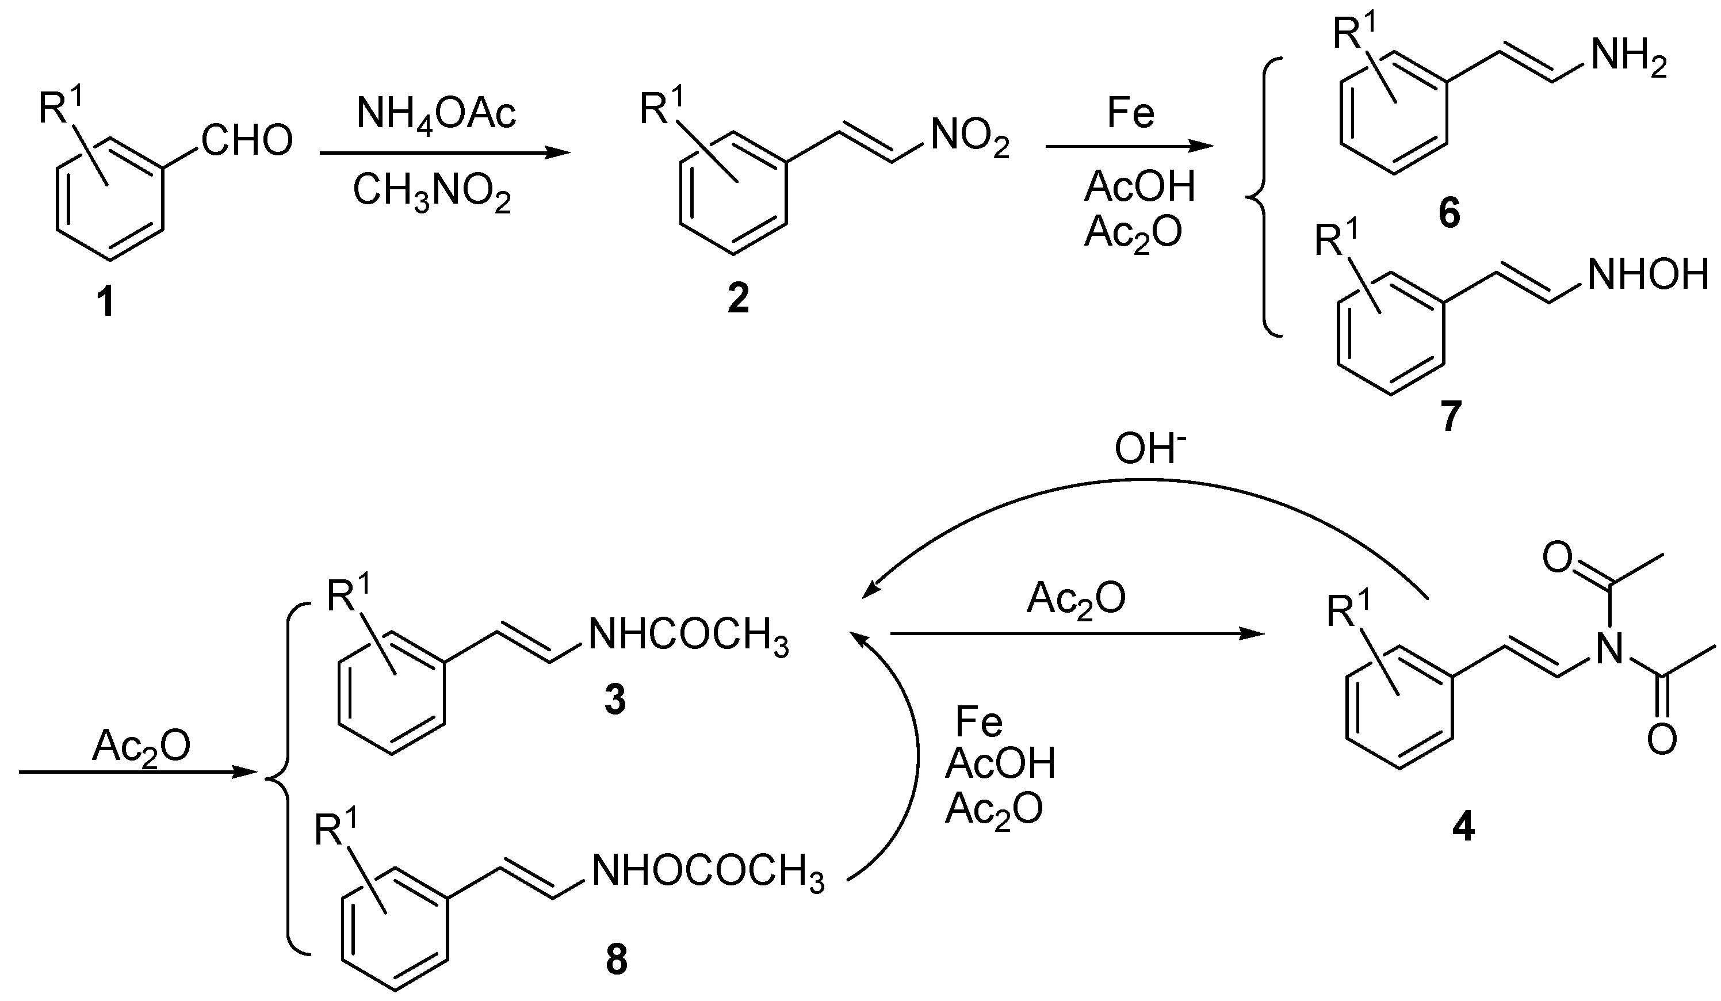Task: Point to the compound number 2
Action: (x=737, y=299)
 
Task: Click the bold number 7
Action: (x=1451, y=416)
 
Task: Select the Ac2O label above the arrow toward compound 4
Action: (x=1076, y=599)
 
